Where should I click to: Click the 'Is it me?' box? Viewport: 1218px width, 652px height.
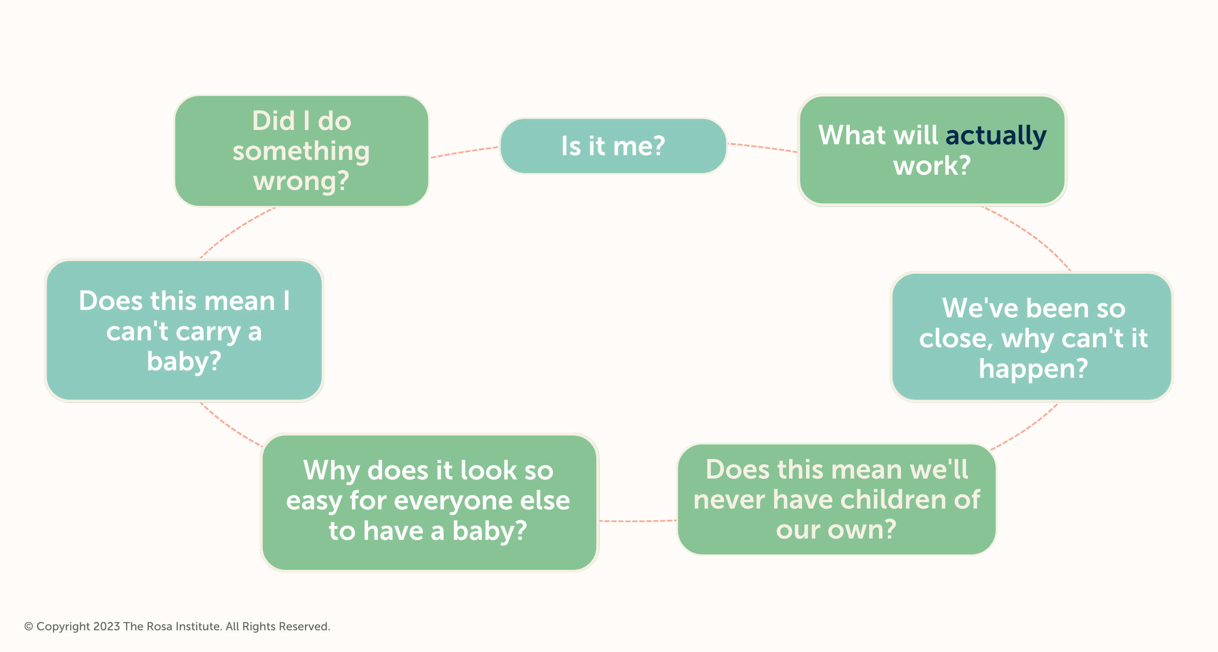coord(613,146)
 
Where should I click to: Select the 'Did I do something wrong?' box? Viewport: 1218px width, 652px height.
coord(301,151)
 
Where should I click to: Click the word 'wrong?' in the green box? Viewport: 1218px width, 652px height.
coord(301,181)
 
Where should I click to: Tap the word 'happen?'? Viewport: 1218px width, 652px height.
coord(1033,369)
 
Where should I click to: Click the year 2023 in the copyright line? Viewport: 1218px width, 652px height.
coord(107,626)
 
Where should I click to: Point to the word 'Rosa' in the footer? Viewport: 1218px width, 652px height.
coord(160,626)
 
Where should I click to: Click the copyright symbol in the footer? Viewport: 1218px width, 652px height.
coord(28,626)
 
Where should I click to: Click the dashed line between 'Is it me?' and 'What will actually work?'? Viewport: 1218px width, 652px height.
coord(762,147)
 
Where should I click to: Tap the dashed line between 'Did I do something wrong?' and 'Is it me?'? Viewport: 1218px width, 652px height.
coord(464,152)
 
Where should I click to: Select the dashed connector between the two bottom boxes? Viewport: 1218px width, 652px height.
coord(638,521)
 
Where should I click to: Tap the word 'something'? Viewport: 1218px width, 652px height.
coord(301,152)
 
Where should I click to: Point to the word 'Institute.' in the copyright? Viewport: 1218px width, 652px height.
coord(199,626)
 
